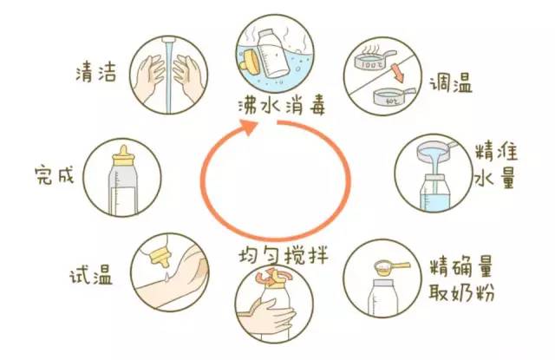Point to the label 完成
coord(55,174)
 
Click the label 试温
coord(91,274)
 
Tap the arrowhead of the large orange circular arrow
coord(249,127)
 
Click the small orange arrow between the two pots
coord(397,72)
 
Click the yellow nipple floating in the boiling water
coord(251,60)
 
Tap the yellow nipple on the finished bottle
coord(123,156)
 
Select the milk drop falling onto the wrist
coord(166,277)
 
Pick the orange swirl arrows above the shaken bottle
coord(273,276)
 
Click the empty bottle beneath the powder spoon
coord(383,298)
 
